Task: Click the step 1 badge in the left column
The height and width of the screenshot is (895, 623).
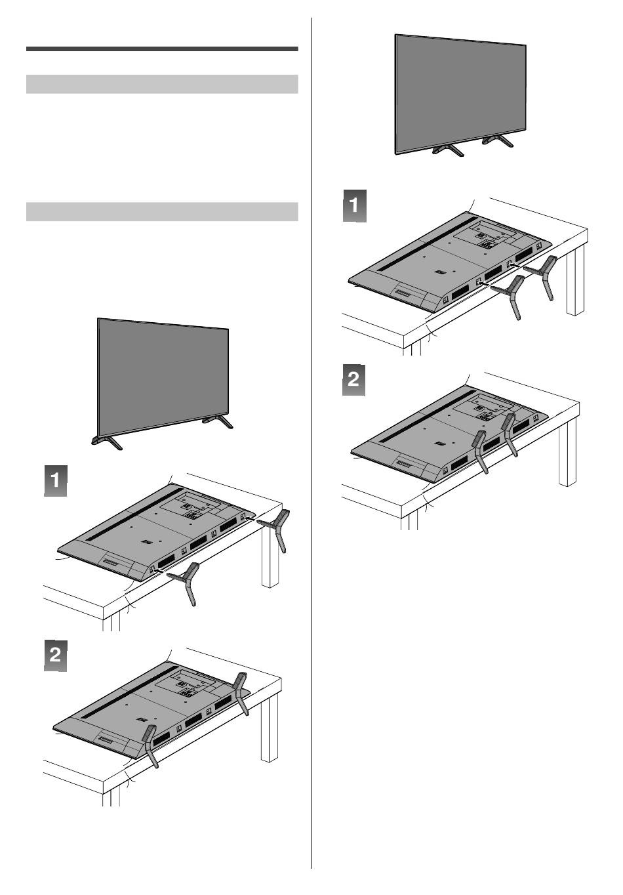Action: (55, 480)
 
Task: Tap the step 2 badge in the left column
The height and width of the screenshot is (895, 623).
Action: (55, 655)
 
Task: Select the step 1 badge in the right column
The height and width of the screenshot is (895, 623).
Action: (354, 206)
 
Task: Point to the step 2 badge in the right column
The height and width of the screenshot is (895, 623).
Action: (354, 380)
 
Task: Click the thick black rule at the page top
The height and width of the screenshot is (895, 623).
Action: (162, 49)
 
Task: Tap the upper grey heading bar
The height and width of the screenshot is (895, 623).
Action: (162, 85)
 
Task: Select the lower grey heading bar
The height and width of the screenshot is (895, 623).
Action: (162, 212)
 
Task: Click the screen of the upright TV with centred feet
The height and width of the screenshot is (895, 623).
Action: (460, 92)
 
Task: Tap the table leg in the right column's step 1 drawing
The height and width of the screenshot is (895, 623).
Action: (574, 282)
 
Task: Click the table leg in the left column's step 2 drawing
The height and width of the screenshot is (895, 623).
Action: (269, 728)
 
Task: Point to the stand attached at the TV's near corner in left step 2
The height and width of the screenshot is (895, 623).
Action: (150, 745)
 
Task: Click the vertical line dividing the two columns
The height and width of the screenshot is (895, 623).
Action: (311, 446)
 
